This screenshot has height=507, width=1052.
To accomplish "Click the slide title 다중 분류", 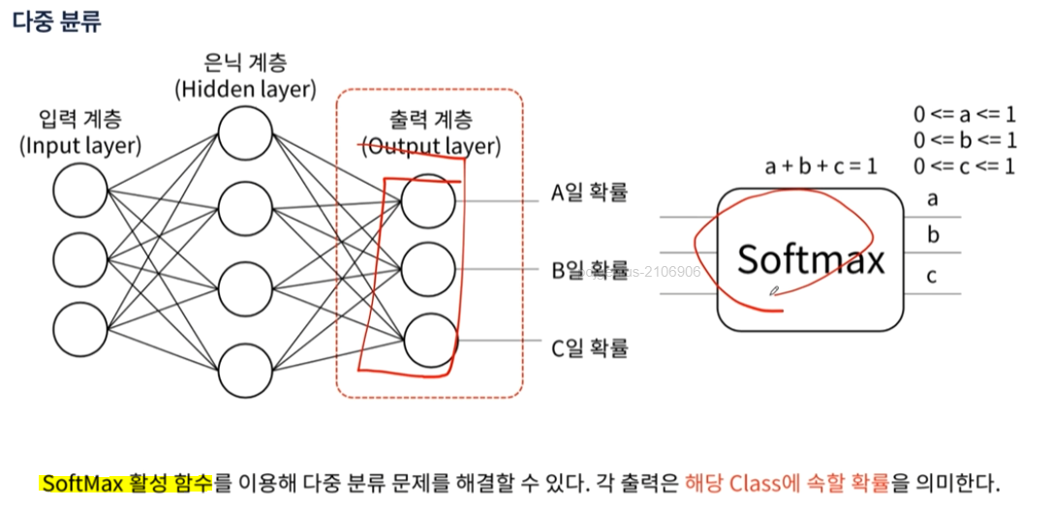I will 56,21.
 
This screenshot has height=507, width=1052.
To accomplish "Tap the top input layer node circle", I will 80,191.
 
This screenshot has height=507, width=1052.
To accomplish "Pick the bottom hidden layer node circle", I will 245,371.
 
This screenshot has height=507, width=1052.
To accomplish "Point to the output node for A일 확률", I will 428,200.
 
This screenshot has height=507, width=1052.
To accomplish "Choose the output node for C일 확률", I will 428,341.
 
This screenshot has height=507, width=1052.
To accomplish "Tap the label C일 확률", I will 589,346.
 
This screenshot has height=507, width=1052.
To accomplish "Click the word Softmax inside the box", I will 811,259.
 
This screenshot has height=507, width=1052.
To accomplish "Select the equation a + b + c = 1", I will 820,166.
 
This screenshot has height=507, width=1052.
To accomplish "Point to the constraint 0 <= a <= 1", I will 964,114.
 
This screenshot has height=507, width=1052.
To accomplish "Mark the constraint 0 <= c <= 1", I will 964,166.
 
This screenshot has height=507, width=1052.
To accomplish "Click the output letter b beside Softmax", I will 933,235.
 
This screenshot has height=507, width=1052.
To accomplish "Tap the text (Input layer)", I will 80,147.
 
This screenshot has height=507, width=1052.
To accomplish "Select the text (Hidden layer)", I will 245,90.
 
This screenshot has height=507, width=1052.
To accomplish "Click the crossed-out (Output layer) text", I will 430,147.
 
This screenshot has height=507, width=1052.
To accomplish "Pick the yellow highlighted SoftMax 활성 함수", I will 126,483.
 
